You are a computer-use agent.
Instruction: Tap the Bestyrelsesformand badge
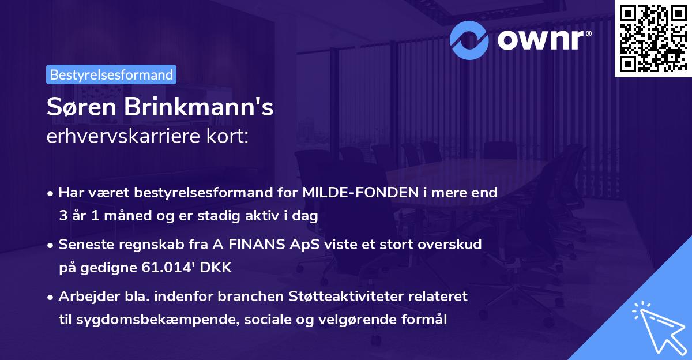[x=111, y=74]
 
